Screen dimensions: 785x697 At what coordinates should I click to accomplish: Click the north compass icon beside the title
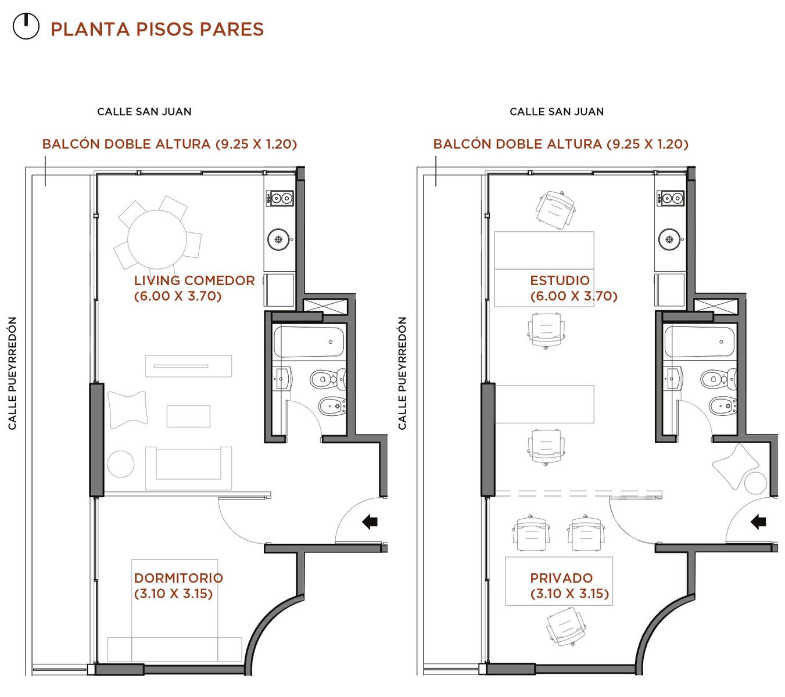pyautogui.click(x=26, y=26)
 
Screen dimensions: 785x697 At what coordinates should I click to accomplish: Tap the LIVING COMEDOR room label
pyautogui.click(x=194, y=288)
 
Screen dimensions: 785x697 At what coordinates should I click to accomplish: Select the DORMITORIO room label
pyautogui.click(x=178, y=585)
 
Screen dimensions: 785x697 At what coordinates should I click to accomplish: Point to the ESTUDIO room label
pyautogui.click(x=573, y=288)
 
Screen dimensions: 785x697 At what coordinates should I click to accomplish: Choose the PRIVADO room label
pyautogui.click(x=569, y=585)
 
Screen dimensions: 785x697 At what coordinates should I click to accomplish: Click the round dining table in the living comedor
pyautogui.click(x=157, y=239)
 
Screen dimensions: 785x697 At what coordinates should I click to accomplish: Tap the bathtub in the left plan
pyautogui.click(x=309, y=342)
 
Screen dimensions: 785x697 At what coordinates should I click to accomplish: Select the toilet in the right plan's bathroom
pyautogui.click(x=718, y=378)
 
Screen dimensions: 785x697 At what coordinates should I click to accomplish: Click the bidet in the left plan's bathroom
pyautogui.click(x=332, y=406)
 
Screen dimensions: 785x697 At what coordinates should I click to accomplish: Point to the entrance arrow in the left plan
pyautogui.click(x=370, y=521)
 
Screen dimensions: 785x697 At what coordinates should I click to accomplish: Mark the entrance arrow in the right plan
pyautogui.click(x=758, y=521)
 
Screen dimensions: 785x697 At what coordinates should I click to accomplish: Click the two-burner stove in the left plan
pyautogui.click(x=279, y=198)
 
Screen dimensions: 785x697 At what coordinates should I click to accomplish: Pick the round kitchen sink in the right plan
pyautogui.click(x=669, y=239)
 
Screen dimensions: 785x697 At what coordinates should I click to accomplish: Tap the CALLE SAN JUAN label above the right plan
pyautogui.click(x=557, y=112)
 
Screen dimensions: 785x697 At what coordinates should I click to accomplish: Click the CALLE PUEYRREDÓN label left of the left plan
pyautogui.click(x=12, y=373)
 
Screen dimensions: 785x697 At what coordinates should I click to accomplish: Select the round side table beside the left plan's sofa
pyautogui.click(x=120, y=464)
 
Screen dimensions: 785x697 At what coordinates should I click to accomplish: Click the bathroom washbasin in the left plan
pyautogui.click(x=283, y=378)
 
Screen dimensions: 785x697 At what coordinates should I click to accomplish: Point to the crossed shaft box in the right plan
pyautogui.click(x=715, y=306)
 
